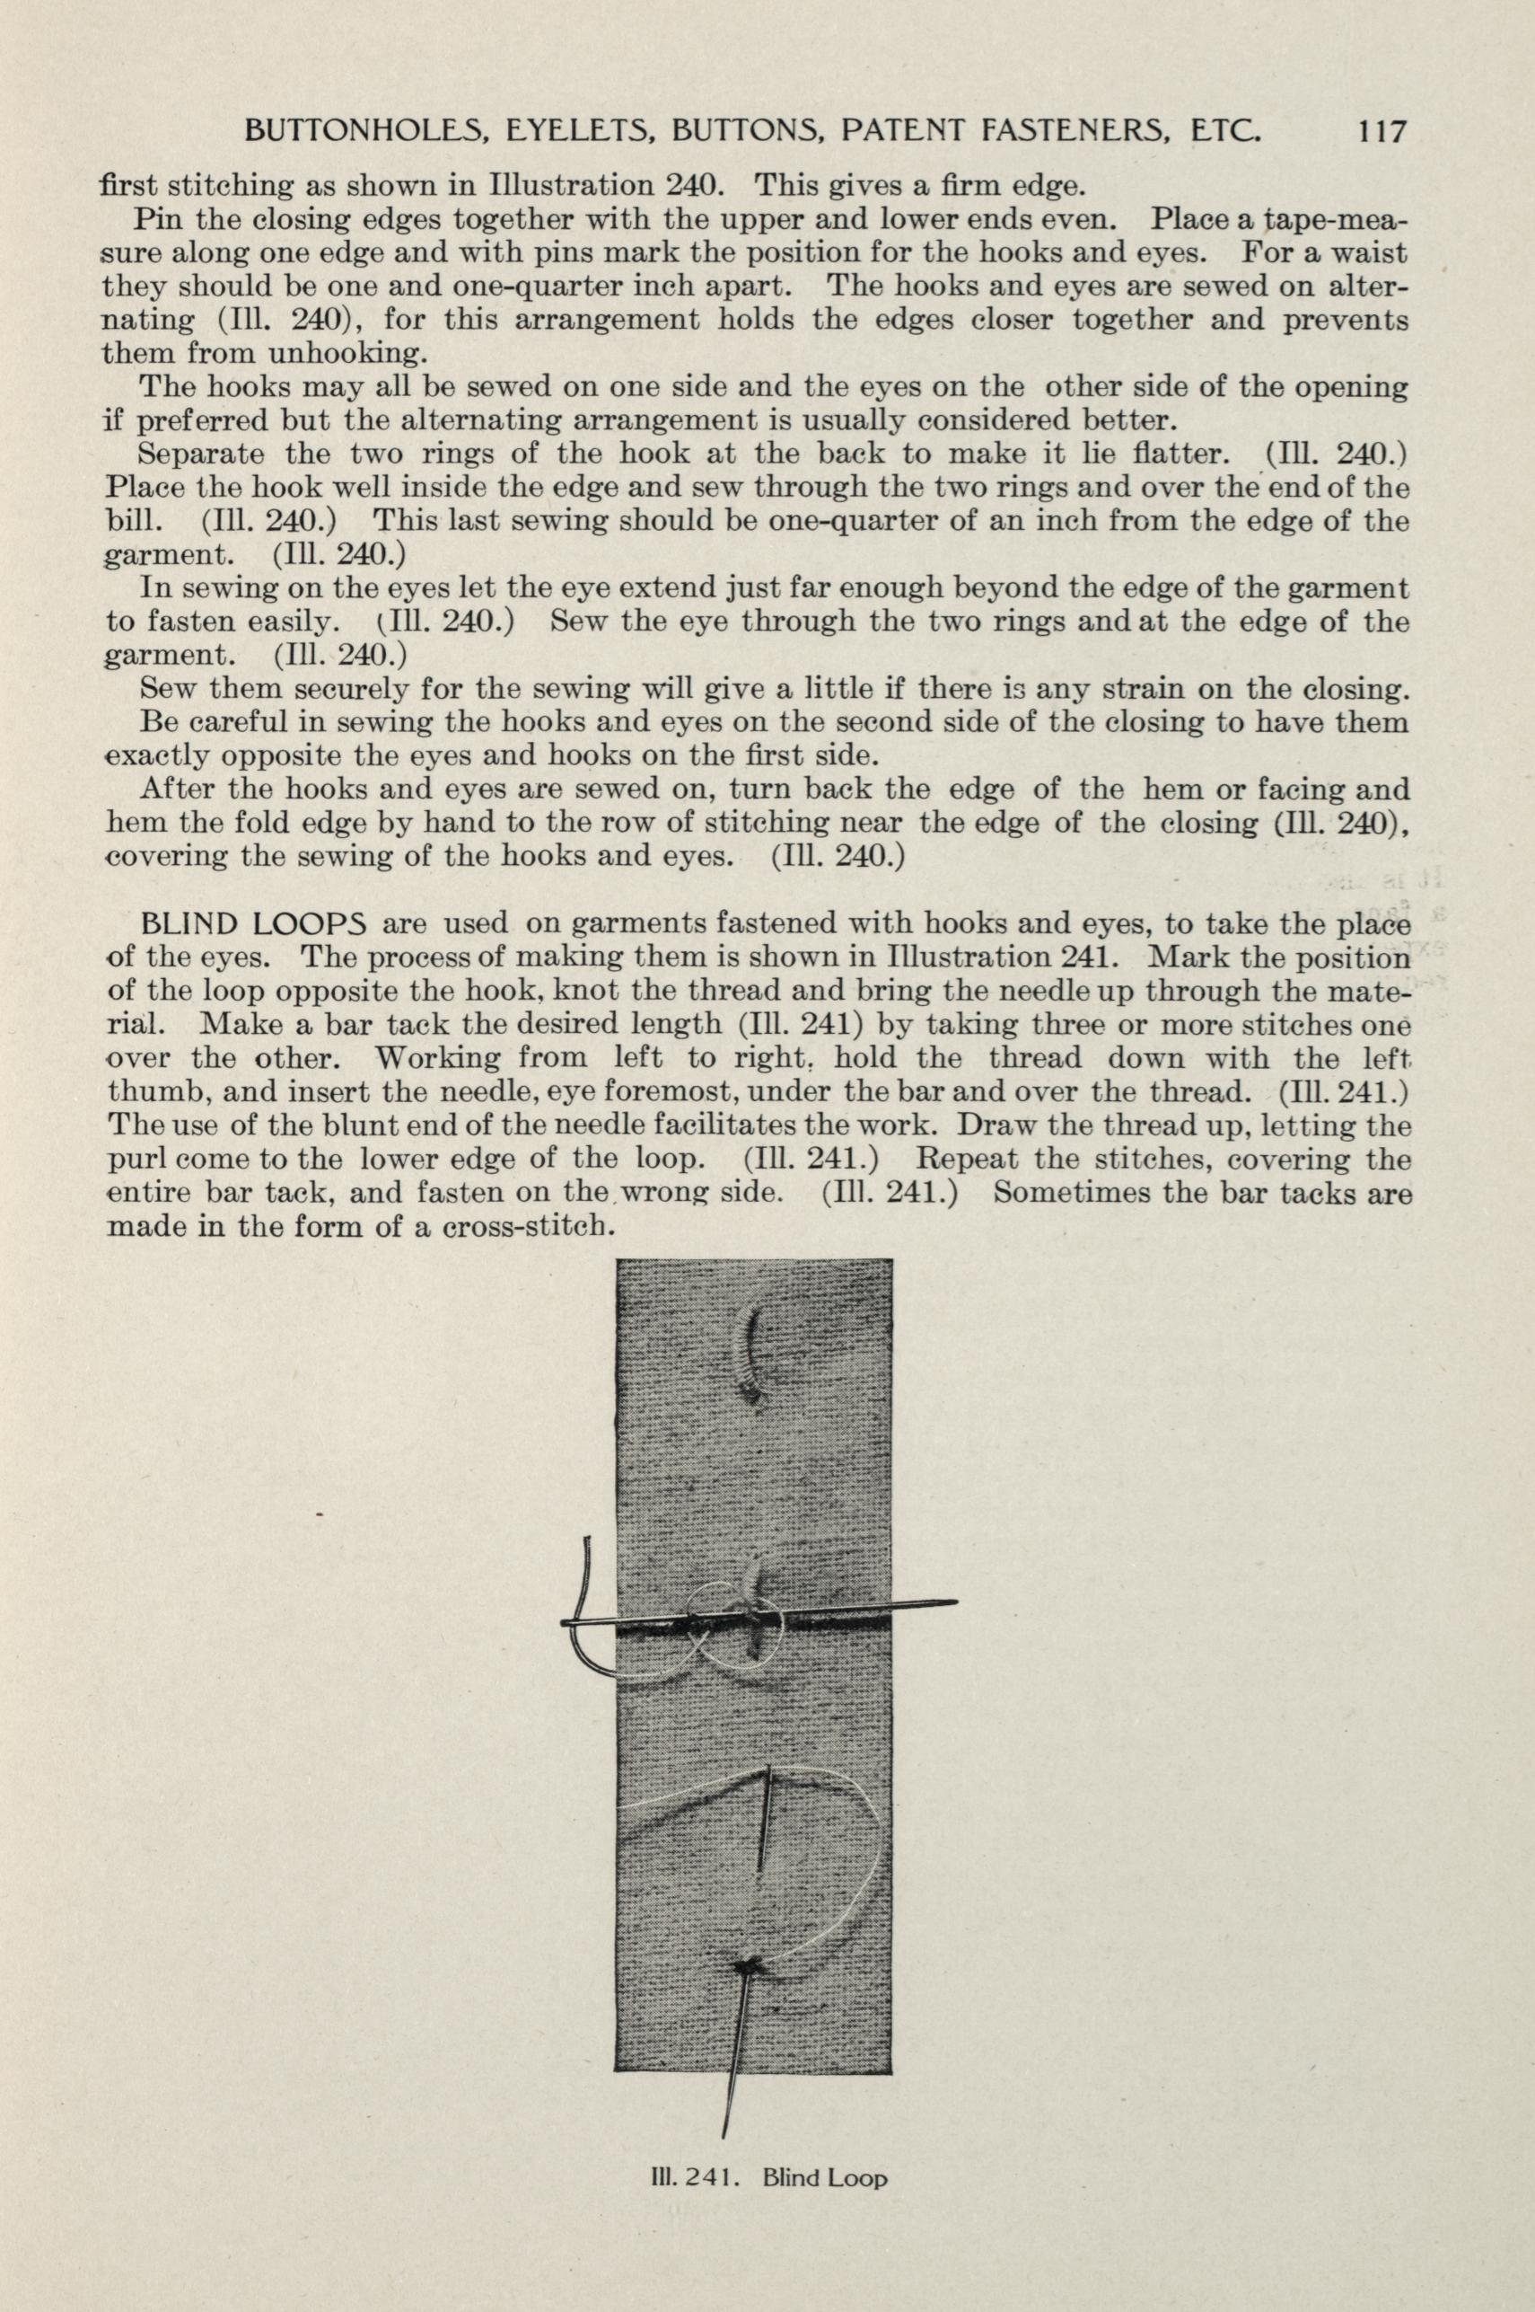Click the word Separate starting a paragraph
[203, 454]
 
